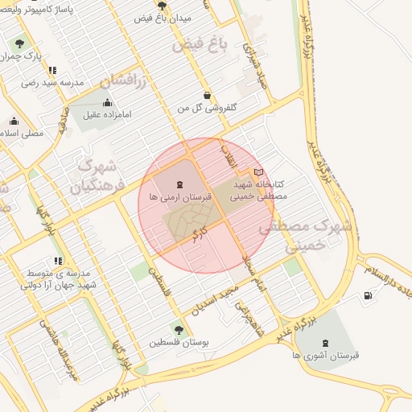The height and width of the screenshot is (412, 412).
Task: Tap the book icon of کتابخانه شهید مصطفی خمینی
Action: [258, 172]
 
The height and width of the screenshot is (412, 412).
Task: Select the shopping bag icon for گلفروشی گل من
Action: [208, 95]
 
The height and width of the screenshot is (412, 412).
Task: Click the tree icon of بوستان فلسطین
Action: [179, 329]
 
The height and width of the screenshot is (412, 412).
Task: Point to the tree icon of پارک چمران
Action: [19, 43]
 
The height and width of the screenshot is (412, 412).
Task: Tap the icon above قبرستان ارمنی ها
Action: [179, 184]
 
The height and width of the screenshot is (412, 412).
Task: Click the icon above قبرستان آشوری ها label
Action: [324, 342]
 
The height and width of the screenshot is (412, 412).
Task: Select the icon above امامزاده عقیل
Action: [109, 102]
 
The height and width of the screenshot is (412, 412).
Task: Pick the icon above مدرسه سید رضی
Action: [52, 70]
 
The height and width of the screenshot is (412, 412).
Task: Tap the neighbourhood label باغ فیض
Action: [195, 44]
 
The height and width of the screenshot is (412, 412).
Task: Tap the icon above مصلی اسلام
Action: [14, 122]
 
